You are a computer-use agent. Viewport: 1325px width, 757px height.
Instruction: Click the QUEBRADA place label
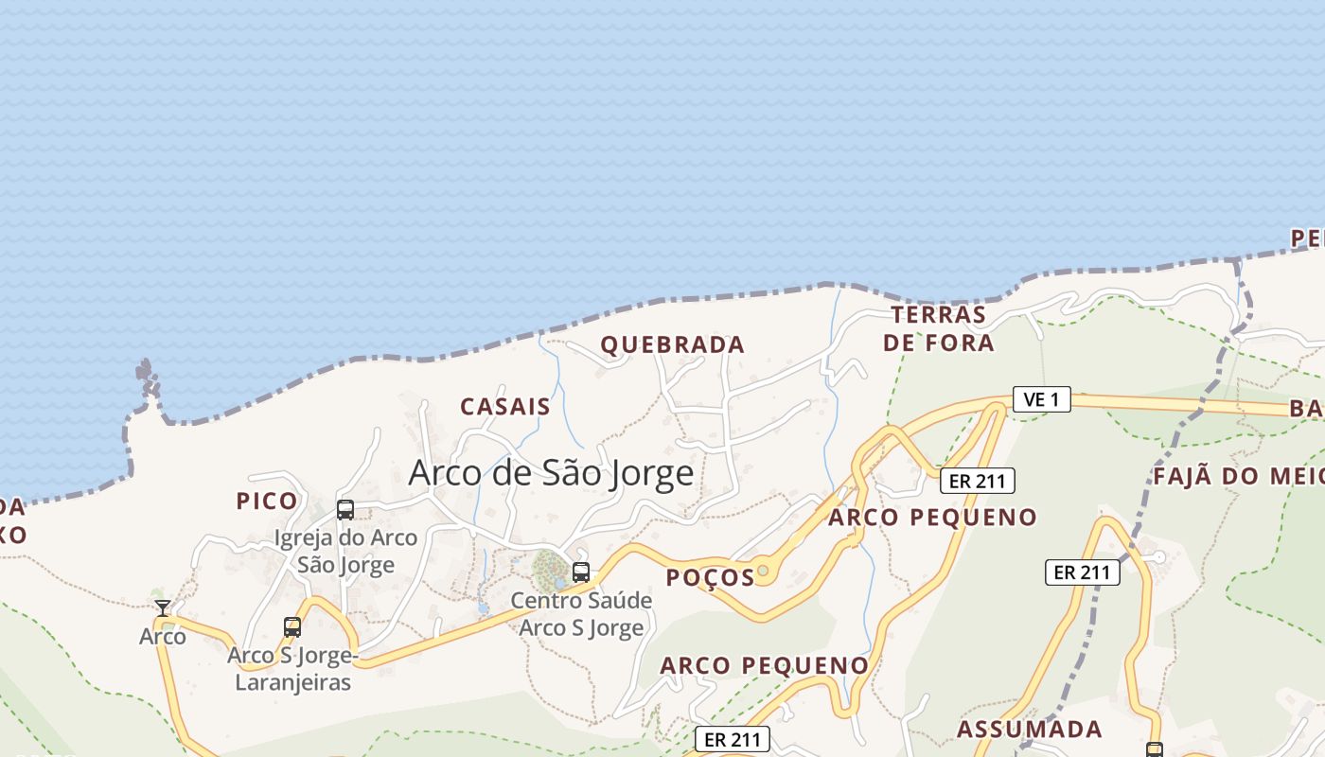[673, 344]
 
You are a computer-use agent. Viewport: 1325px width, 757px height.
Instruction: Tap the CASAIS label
[504, 407]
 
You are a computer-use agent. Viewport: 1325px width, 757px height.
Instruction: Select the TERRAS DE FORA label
[939, 328]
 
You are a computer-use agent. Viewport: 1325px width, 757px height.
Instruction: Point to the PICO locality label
[267, 502]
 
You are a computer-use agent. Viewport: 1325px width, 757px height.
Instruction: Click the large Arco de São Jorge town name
[551, 472]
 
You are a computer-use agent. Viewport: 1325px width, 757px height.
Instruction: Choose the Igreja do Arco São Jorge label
[345, 551]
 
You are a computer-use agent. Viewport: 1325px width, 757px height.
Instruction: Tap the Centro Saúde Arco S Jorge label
[581, 613]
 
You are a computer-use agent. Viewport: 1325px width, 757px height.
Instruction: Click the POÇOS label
[710, 577]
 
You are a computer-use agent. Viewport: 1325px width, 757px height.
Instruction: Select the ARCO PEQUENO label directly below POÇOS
[764, 665]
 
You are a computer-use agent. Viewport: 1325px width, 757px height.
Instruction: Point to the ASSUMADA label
[1029, 730]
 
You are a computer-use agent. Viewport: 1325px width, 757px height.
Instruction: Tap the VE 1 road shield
[1041, 399]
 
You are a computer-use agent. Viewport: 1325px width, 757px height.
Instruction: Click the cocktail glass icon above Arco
[163, 607]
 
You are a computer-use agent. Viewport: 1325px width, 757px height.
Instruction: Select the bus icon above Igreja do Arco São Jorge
[345, 510]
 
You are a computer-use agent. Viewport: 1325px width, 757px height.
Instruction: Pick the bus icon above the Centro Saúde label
[581, 572]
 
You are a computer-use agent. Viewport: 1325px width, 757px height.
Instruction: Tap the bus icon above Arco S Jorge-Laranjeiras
[292, 626]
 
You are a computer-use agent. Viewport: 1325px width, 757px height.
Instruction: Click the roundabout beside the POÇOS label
[763, 570]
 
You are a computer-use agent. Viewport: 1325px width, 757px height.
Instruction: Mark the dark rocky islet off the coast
[147, 377]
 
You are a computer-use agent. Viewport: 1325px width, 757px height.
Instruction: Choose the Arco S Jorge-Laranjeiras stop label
[292, 668]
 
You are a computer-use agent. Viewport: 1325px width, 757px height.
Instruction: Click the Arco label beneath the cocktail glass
[163, 636]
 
